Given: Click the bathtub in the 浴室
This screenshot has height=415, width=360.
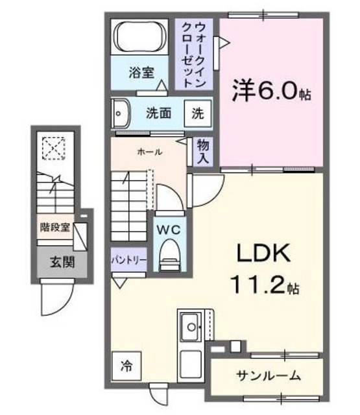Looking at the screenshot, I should [141, 38].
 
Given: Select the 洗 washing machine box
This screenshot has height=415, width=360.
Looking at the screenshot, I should [197, 113].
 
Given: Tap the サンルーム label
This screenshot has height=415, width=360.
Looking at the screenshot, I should [267, 375].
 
